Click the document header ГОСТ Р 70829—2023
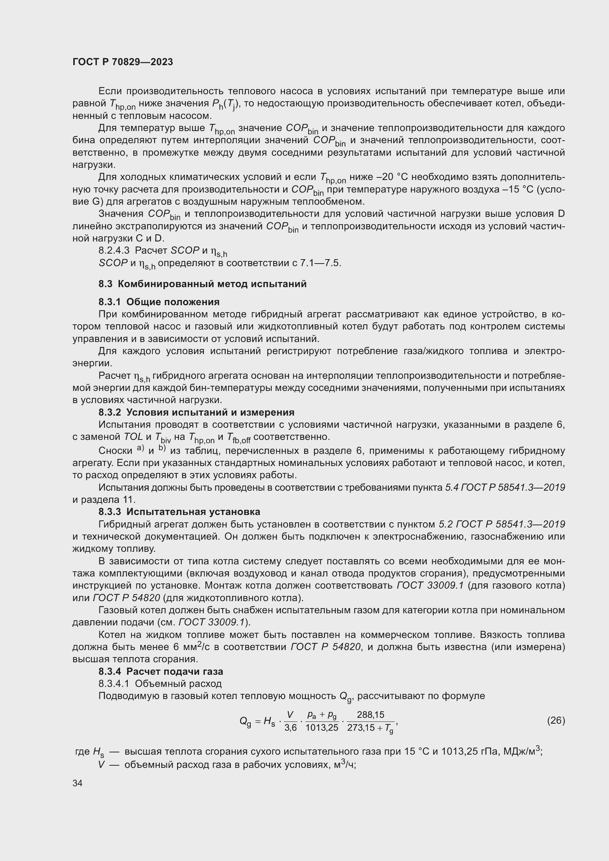pos(123,62)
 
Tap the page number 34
pos(77,783)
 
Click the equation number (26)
pos(556,720)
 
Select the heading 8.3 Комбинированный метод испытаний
pos(203,284)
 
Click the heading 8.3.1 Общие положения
pos(159,302)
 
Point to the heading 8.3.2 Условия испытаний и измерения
pos(197,412)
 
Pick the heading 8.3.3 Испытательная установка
pos(179,512)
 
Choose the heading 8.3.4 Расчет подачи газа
pos(161,671)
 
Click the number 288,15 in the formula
pos(370,714)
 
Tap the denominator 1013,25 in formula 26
pos(322,727)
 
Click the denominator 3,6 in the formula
pos(291,727)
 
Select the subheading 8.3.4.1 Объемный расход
pos(160,684)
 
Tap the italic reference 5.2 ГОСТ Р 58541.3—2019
pos(502,524)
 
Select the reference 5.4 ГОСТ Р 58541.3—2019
pos(505,487)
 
